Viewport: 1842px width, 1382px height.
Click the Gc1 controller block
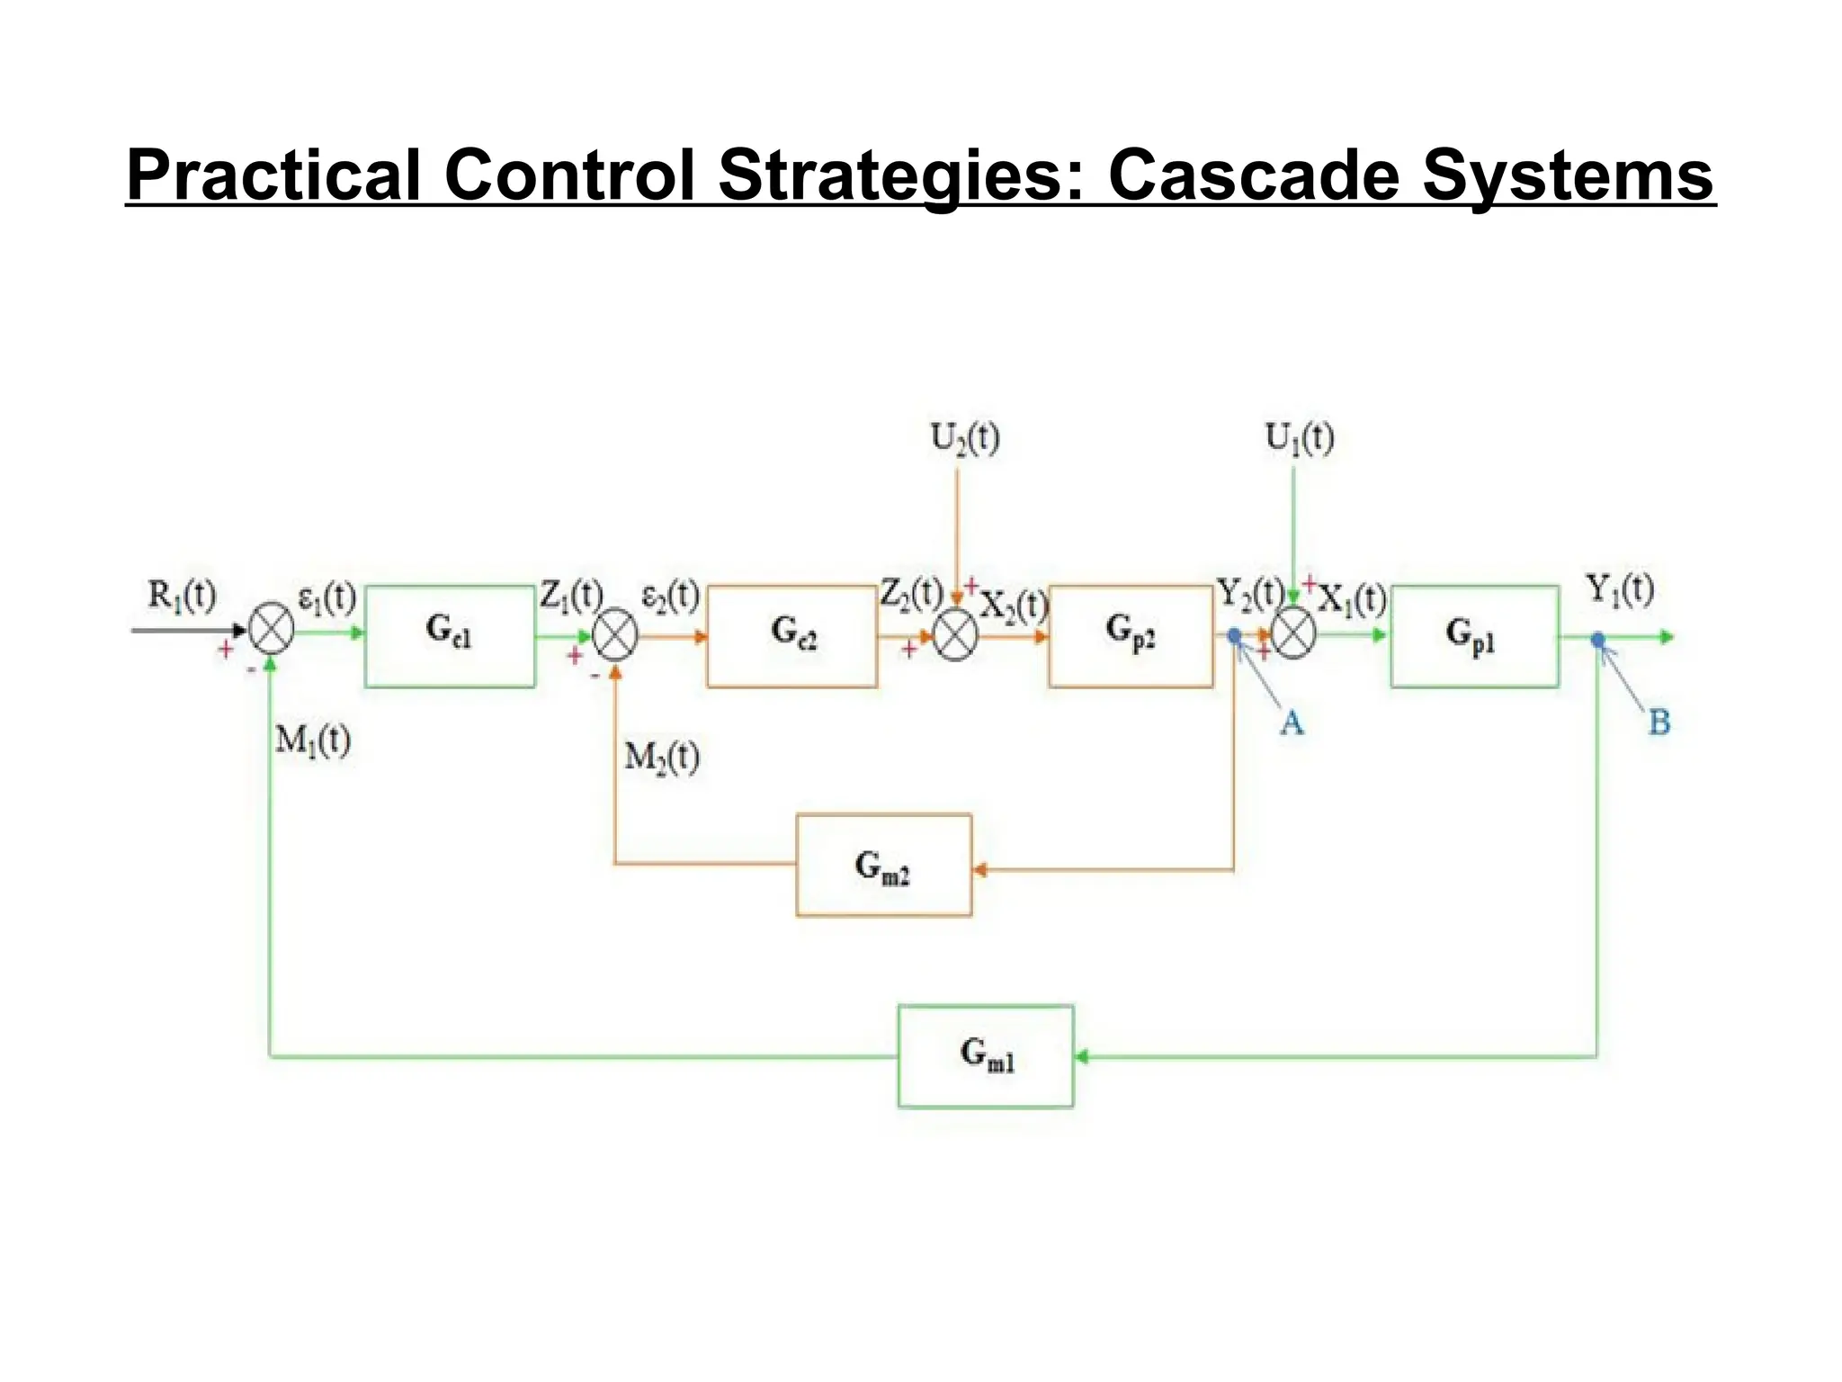pyautogui.click(x=450, y=636)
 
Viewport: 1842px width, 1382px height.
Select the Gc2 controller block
pyautogui.click(x=791, y=636)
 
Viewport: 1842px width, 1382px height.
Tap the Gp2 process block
pyautogui.click(x=1131, y=636)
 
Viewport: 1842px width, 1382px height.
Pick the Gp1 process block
pyautogui.click(x=1474, y=636)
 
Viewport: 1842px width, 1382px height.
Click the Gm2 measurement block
pyautogui.click(x=883, y=866)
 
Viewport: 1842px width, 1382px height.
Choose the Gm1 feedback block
pyautogui.click(x=986, y=1055)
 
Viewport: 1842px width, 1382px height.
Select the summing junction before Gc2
pyautogui.click(x=615, y=635)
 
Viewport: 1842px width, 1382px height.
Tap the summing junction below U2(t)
pyautogui.click(x=955, y=635)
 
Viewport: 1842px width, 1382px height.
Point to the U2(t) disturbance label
pyautogui.click(x=964, y=438)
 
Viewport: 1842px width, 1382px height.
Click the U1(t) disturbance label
pyautogui.click(x=1299, y=438)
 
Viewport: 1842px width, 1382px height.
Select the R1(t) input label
pyautogui.click(x=182, y=595)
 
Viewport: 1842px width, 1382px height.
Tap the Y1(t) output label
pyautogui.click(x=1619, y=589)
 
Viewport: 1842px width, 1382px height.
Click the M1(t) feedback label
pyautogui.click(x=312, y=740)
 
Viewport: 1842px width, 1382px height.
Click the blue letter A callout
pyautogui.click(x=1292, y=722)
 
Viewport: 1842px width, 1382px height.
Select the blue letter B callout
pyautogui.click(x=1659, y=722)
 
